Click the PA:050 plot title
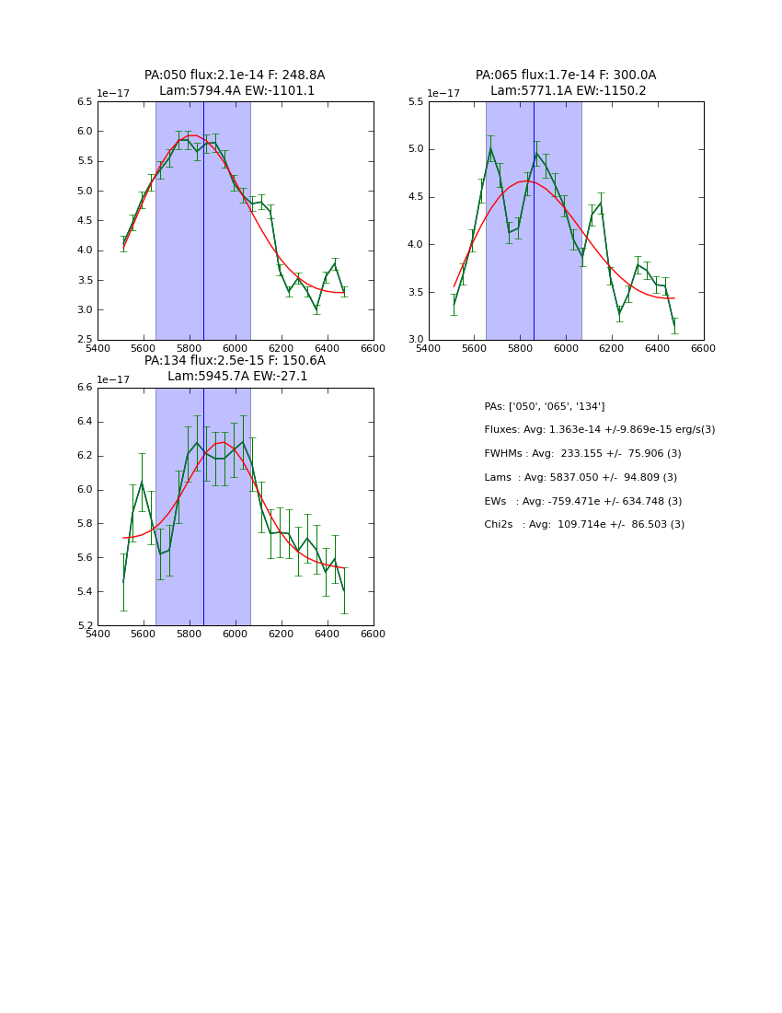click(235, 76)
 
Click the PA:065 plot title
click(566, 76)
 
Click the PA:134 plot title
click(235, 361)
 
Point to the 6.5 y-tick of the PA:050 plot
click(85, 102)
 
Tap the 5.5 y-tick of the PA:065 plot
click(416, 102)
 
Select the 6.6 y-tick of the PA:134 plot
click(85, 388)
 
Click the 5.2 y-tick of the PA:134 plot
click(85, 626)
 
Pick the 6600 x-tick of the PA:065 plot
click(704, 348)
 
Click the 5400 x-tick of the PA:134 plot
click(98, 634)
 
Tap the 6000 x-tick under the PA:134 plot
click(236, 634)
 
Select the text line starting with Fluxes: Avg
click(599, 430)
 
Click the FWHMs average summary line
click(582, 454)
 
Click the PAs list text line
click(545, 407)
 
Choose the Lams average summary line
click(581, 478)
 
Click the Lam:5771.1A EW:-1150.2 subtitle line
click(568, 91)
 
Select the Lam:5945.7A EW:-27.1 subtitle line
click(237, 377)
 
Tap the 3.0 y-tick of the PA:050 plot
click(85, 310)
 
